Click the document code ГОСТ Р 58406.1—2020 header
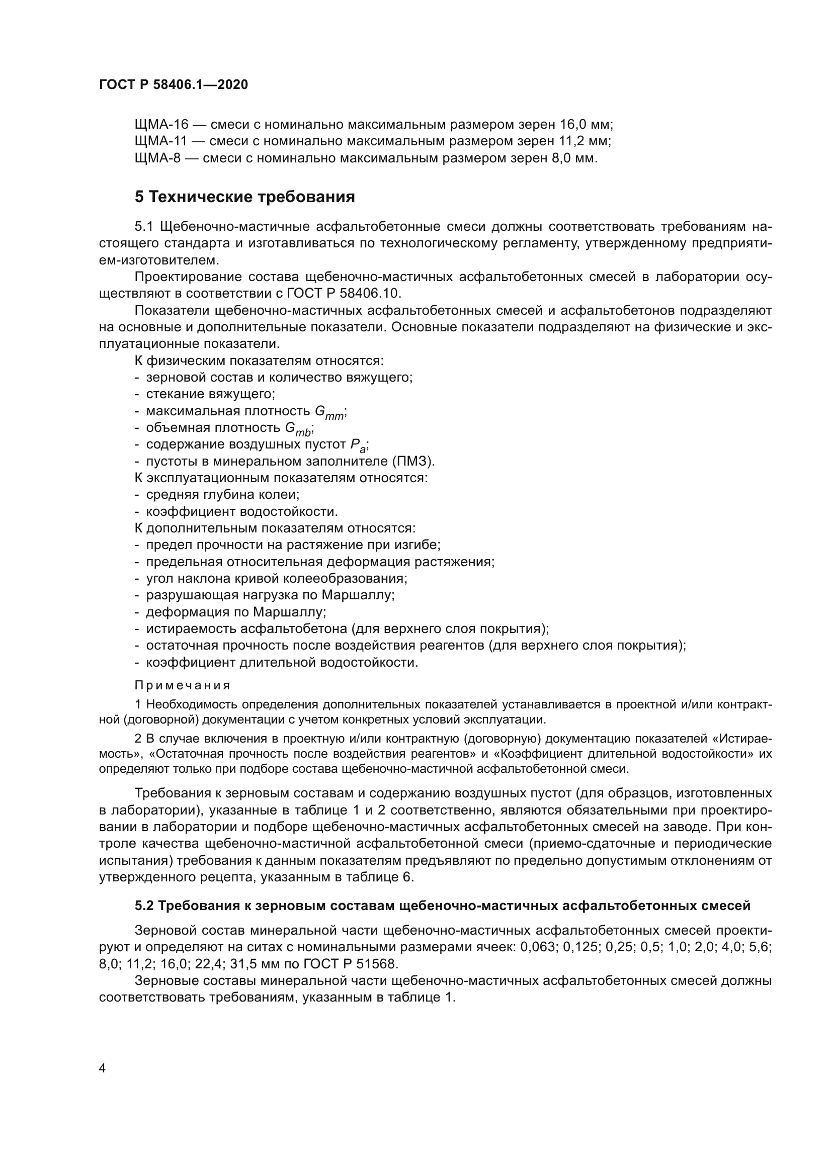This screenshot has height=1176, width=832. pyautogui.click(x=173, y=84)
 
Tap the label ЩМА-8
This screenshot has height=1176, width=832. pyautogui.click(x=157, y=158)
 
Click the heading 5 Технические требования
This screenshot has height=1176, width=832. pyautogui.click(x=244, y=197)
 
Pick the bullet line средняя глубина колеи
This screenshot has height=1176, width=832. pyautogui.click(x=222, y=495)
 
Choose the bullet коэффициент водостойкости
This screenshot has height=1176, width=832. pyautogui.click(x=241, y=512)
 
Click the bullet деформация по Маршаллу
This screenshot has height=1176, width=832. pyautogui.click(x=235, y=612)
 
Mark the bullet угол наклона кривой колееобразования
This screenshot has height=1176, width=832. pyautogui.click(x=276, y=579)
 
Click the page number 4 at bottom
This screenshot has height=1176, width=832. pyautogui.click(x=102, y=1068)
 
